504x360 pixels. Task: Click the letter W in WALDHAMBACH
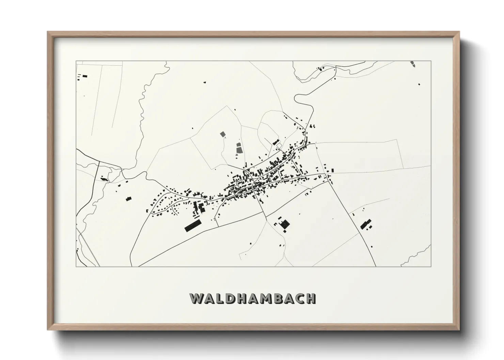click(197, 298)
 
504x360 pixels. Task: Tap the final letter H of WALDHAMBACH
click(310, 298)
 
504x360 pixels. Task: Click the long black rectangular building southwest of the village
click(193, 225)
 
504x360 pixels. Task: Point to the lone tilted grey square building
click(223, 134)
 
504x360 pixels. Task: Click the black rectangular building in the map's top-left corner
click(85, 76)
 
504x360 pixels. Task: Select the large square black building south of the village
click(285, 224)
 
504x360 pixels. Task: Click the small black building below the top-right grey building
click(419, 84)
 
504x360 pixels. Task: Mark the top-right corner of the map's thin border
click(431, 61)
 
